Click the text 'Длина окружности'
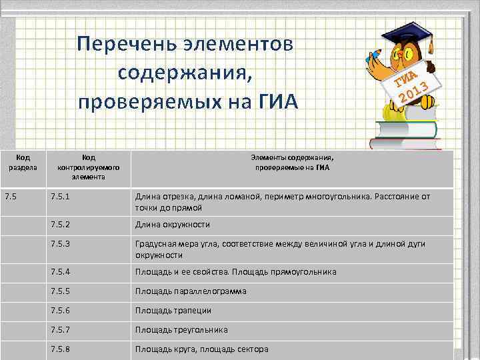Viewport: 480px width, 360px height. tap(172, 225)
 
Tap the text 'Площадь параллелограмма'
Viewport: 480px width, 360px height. tap(191, 291)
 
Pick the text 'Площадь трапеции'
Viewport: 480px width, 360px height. tap(173, 311)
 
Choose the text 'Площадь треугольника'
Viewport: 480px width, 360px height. tap(181, 330)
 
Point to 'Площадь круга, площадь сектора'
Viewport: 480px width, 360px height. tap(201, 349)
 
